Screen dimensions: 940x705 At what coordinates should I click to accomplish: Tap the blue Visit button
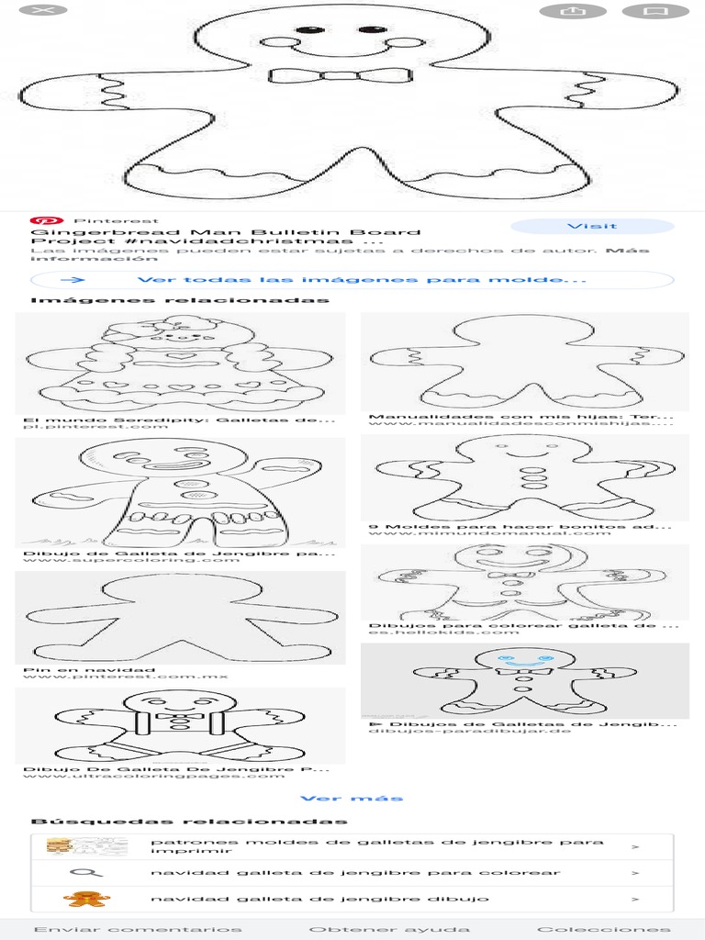click(x=592, y=226)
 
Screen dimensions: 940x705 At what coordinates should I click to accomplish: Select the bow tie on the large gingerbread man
click(x=340, y=75)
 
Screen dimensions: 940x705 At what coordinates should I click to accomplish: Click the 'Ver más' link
click(x=352, y=798)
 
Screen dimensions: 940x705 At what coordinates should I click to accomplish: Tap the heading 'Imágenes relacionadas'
click(x=180, y=301)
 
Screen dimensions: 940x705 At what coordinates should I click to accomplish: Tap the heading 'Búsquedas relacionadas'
click(x=189, y=821)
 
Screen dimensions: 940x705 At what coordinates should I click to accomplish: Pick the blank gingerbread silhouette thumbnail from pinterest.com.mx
click(x=180, y=617)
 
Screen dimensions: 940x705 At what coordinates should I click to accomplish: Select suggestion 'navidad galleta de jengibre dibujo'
click(x=319, y=899)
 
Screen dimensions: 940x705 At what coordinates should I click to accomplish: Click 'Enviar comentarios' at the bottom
click(x=138, y=929)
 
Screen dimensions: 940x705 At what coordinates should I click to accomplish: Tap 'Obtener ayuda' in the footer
click(x=389, y=929)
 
